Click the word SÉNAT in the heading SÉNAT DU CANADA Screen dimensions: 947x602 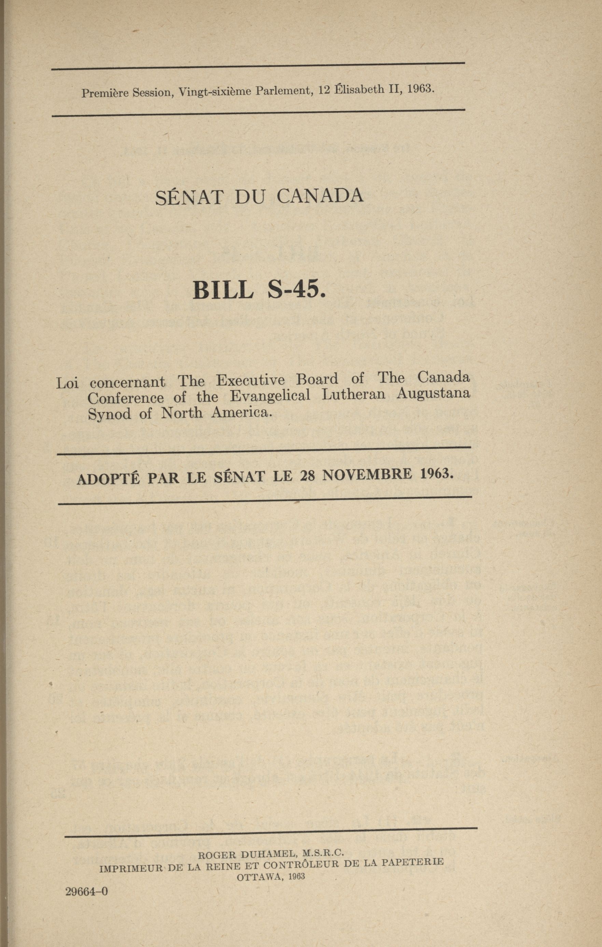pyautogui.click(x=190, y=198)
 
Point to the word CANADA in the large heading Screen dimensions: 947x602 pyautogui.click(x=319, y=195)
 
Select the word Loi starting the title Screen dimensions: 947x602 pyautogui.click(x=67, y=383)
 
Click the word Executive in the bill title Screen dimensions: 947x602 pyautogui.click(x=250, y=380)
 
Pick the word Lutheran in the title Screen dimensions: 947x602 pyautogui.click(x=353, y=394)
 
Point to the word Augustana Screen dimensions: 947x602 pyautogui.click(x=433, y=393)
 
